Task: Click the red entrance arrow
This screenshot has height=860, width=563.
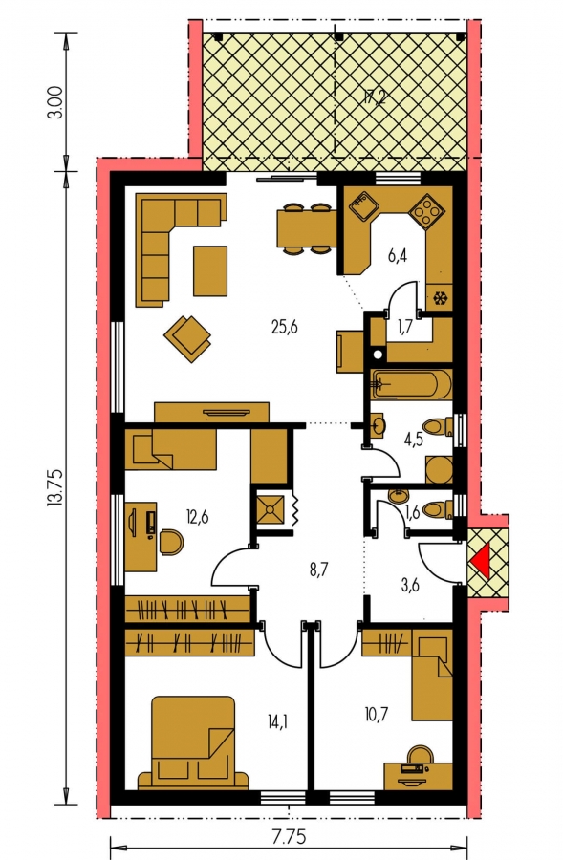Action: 480,562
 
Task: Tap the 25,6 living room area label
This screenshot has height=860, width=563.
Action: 284,328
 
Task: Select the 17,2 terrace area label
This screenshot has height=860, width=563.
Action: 376,98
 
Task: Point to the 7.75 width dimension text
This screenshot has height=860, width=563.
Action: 290,837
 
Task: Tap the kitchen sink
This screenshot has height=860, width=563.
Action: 361,207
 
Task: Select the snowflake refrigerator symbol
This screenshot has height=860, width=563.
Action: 440,299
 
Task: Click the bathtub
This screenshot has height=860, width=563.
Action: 412,384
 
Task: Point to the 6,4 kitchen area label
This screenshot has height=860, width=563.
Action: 398,255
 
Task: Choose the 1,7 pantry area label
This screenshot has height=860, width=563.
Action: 404,328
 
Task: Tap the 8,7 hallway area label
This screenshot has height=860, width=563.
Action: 318,570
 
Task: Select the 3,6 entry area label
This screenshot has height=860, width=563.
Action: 410,585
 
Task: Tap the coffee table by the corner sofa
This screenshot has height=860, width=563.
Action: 210,271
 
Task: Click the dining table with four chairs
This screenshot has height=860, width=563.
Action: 306,228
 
